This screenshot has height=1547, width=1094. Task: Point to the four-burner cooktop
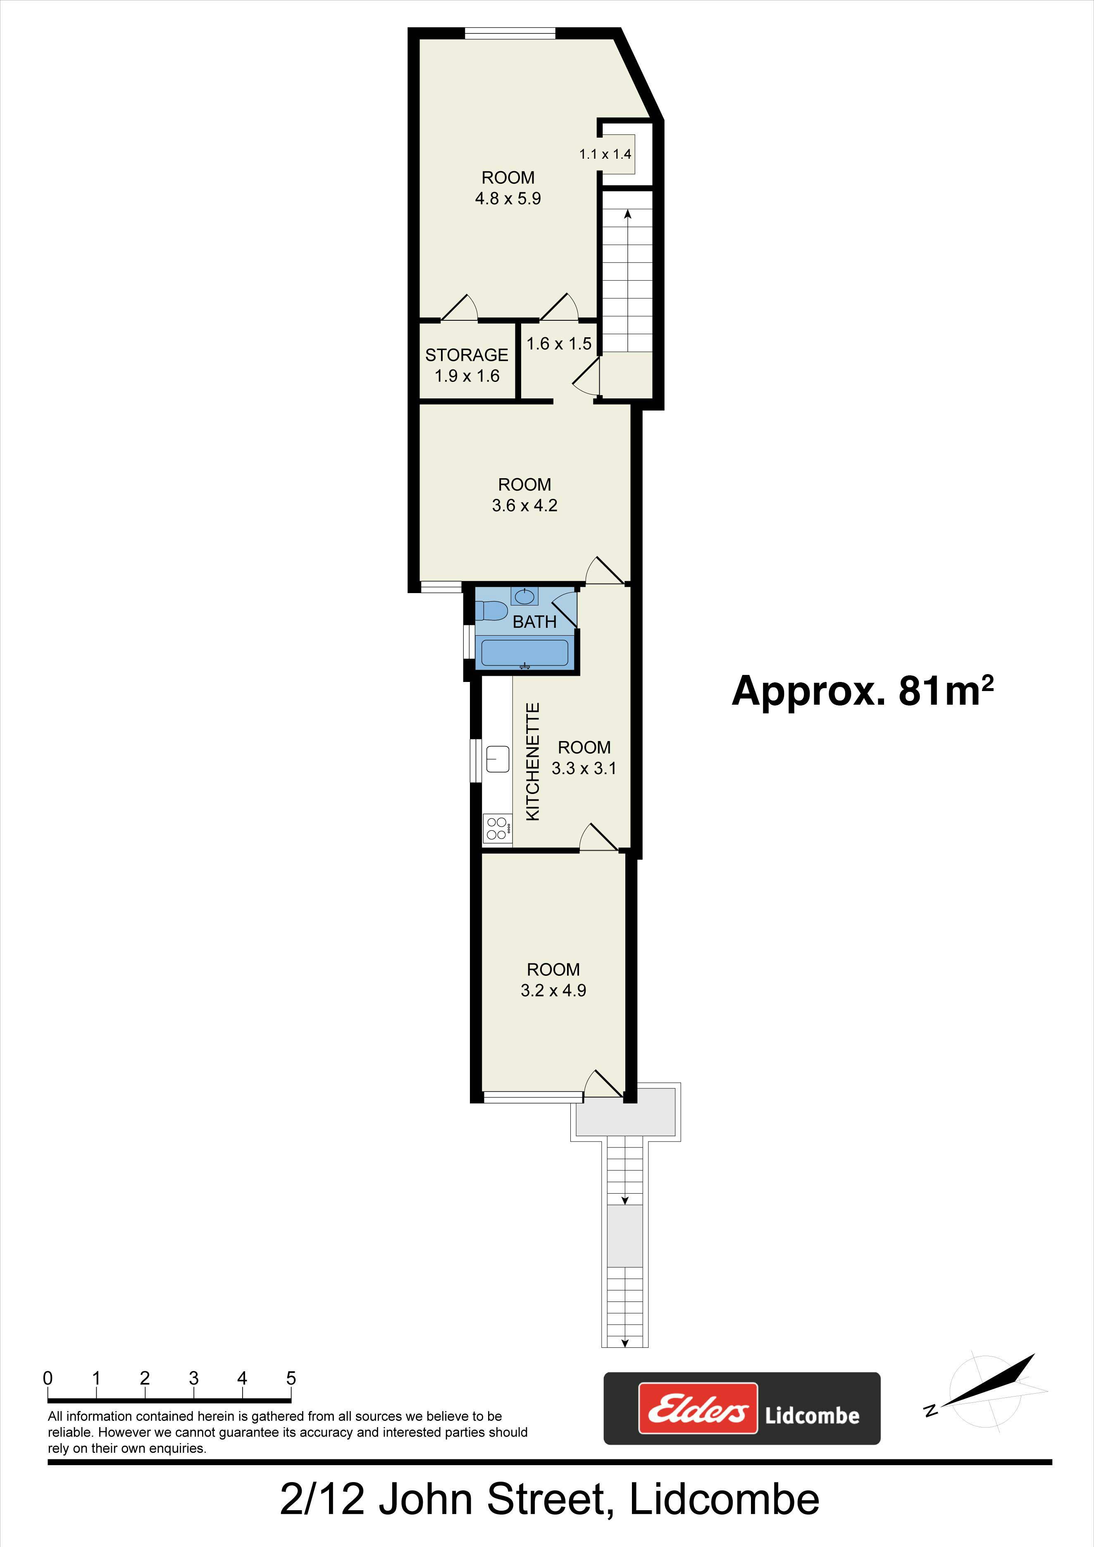[496, 828]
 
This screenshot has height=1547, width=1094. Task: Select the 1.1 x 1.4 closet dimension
[605, 154]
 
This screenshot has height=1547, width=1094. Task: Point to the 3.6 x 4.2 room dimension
[525, 505]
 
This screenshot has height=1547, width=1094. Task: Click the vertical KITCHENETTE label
[533, 761]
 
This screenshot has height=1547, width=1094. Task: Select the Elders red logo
[698, 1408]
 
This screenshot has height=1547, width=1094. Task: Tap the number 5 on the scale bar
[291, 1378]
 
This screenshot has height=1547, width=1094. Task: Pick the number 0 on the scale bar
[48, 1378]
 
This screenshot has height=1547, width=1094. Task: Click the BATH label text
[535, 622]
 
